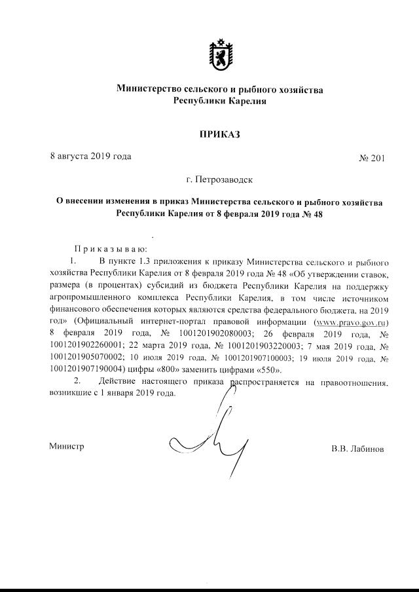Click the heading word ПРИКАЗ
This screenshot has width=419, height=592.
tap(219, 135)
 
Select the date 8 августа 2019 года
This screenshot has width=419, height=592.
tap(90, 156)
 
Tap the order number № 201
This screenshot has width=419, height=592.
tap(373, 158)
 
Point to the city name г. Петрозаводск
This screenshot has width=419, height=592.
tap(219, 179)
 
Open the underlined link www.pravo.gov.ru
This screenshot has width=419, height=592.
tap(352, 322)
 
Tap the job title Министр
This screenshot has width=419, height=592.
tap(67, 447)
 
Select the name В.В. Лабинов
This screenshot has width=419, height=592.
tap(357, 450)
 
